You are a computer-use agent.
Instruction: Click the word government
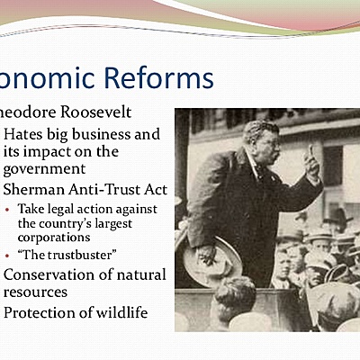(x=45, y=168)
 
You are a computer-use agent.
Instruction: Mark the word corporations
(x=58, y=238)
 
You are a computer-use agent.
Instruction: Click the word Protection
(x=43, y=312)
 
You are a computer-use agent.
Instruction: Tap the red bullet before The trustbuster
(x=8, y=256)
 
